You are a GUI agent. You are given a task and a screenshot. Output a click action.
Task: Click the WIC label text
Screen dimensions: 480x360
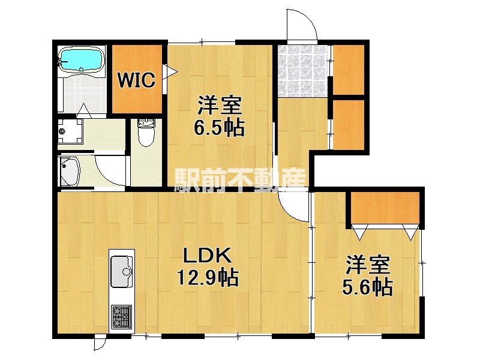point(137,80)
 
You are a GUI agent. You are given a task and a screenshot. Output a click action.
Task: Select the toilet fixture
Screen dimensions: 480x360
point(146,133)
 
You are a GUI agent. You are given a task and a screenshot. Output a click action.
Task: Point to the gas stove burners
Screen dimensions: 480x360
point(122,316)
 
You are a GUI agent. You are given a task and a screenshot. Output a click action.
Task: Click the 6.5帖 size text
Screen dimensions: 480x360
point(219,128)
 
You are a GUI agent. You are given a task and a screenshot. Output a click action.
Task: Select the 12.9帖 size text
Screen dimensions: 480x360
point(208,278)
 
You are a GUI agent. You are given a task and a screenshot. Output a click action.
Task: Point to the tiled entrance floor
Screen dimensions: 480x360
point(302,71)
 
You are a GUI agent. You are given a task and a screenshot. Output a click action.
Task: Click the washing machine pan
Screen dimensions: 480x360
point(70,131)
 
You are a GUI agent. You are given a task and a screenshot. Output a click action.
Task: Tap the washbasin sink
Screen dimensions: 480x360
point(70,172)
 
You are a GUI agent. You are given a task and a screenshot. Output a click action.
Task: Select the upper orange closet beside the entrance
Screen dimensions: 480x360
point(349,70)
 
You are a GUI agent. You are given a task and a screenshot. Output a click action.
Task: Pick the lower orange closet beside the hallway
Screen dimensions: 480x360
point(349,125)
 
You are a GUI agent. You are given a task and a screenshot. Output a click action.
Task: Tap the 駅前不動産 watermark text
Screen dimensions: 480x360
point(241,181)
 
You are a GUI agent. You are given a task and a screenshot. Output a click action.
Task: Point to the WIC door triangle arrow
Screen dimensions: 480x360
point(170,72)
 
